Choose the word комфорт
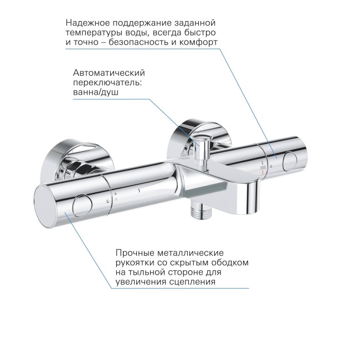click(x=197, y=42)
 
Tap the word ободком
click(x=229, y=262)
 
